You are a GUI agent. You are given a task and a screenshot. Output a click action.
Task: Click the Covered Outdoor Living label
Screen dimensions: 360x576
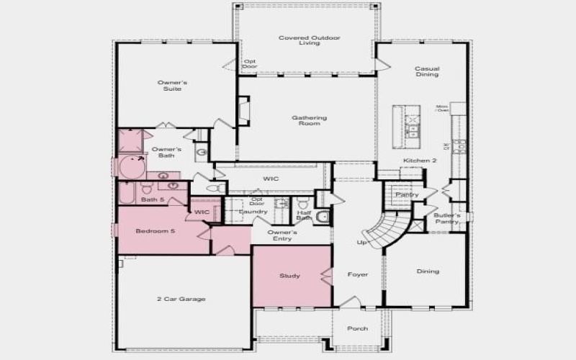(310, 40)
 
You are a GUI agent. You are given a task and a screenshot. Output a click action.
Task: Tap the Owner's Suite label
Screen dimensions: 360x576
(170, 86)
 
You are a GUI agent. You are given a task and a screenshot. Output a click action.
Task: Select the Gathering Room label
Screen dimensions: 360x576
(310, 120)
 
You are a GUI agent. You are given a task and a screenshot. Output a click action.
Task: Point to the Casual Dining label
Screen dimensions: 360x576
(427, 72)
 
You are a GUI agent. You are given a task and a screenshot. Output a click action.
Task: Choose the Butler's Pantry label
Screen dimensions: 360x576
(447, 219)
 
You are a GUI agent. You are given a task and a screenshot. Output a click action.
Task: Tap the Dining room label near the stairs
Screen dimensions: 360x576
(428, 271)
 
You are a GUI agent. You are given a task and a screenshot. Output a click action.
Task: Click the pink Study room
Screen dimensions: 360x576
(290, 276)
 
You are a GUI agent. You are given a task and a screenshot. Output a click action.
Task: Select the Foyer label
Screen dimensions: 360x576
(358, 274)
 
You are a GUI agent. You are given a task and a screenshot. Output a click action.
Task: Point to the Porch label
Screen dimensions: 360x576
(358, 328)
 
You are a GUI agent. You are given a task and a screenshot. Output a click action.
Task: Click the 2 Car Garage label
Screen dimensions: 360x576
(181, 299)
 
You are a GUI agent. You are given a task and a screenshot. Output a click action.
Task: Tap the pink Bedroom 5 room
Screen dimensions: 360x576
(156, 231)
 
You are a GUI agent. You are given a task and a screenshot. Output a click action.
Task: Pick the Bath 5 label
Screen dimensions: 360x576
(153, 199)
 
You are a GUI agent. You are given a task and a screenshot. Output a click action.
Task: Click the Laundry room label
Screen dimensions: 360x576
(253, 212)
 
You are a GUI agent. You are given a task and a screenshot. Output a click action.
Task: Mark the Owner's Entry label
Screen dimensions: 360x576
(282, 235)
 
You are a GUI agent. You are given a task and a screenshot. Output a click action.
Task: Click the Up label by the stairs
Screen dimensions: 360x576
(362, 243)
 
